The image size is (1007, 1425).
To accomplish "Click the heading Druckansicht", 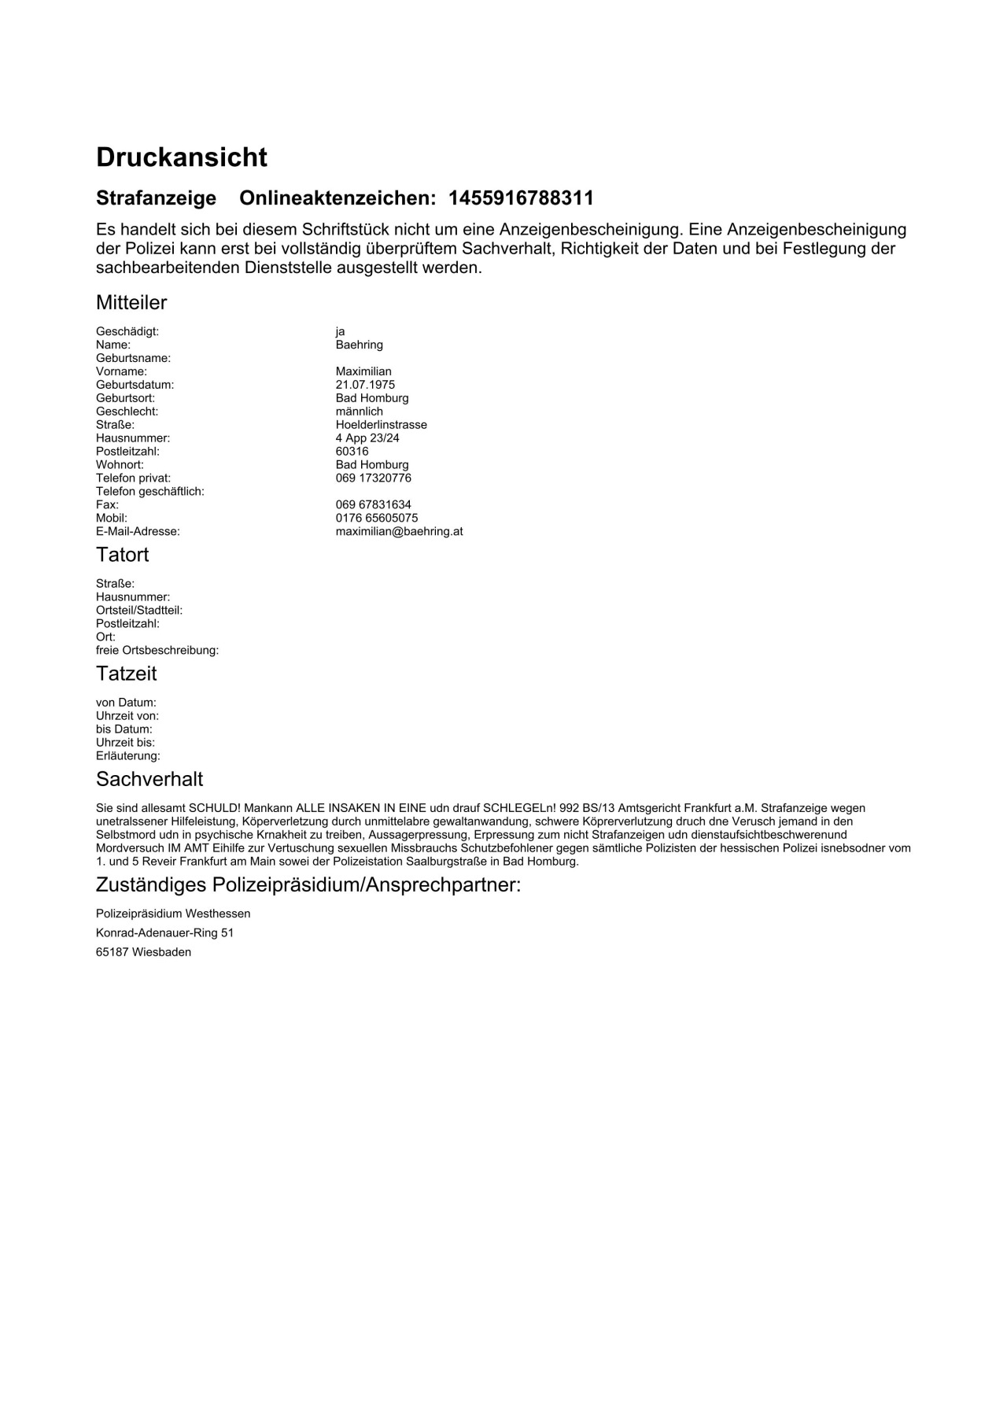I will point(182,157).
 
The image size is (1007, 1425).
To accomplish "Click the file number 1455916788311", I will point(521,198).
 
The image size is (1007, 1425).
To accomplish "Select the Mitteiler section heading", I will point(131,302).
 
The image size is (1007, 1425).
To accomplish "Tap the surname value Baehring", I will point(359,345).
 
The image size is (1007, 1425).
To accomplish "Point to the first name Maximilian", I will point(363,371).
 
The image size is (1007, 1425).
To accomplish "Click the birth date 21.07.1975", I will point(365,385).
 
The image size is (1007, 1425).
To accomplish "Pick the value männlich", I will point(359,412).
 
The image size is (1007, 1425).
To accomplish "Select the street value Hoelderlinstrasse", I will point(381,425).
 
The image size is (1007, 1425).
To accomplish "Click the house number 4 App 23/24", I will point(367,438).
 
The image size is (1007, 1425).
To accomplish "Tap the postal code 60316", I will point(352,452).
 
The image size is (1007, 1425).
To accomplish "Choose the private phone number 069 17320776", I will point(373,478).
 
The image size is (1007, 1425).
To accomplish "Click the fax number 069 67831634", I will point(373,505).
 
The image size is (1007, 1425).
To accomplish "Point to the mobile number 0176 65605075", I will point(377,519).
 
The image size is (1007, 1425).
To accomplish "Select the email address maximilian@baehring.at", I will point(399,532).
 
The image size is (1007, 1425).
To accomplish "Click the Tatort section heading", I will point(122,555).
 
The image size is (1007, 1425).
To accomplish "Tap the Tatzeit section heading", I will point(126,674).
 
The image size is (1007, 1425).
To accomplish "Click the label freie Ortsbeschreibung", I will point(157,651).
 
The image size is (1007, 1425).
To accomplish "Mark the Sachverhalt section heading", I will point(149,779).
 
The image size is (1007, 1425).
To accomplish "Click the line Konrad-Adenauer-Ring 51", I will point(164,933).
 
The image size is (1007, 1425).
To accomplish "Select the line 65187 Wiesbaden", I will point(143,952).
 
